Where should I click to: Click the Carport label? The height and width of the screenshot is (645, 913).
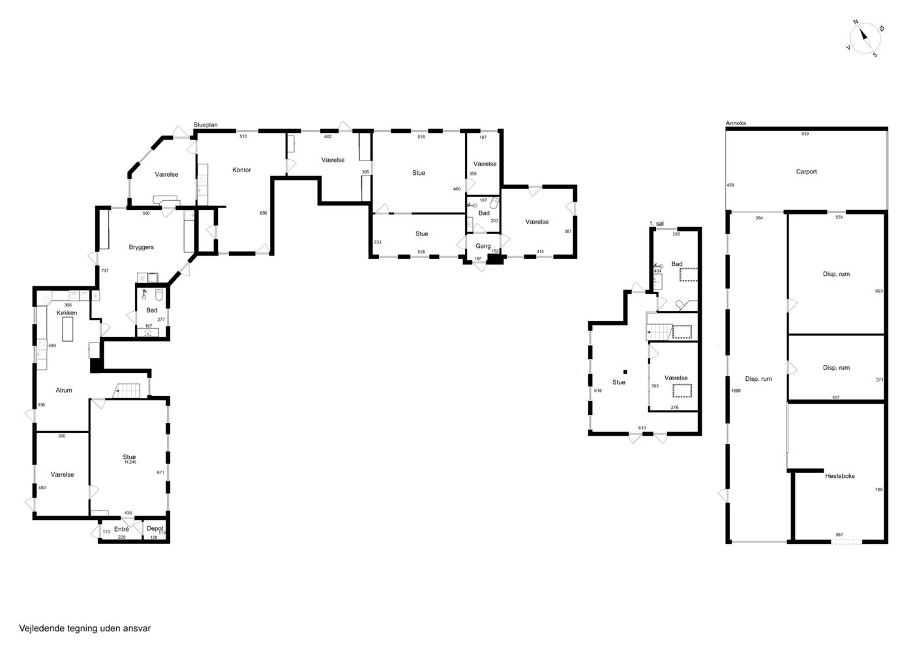click(806, 172)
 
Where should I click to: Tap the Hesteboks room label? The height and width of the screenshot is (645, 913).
click(840, 476)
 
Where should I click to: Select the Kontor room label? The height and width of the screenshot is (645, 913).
click(241, 170)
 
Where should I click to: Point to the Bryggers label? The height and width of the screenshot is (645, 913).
click(141, 247)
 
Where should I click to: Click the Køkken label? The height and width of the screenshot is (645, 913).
click(67, 312)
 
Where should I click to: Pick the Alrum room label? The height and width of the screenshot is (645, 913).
click(64, 390)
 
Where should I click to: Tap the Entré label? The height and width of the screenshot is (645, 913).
click(121, 529)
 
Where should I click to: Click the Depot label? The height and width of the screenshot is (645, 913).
click(155, 528)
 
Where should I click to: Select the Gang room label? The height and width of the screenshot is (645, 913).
click(483, 247)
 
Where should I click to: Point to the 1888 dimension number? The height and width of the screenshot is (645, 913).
click(736, 391)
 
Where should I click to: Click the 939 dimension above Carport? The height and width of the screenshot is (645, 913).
click(805, 134)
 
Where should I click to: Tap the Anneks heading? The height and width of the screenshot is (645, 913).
click(736, 123)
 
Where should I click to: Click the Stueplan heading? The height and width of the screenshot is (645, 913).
click(205, 125)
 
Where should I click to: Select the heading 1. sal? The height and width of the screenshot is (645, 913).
click(657, 224)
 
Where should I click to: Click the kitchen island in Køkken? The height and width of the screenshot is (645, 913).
click(68, 329)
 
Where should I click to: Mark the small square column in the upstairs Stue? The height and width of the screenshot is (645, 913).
click(625, 372)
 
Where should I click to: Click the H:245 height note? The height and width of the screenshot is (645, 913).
click(130, 462)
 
